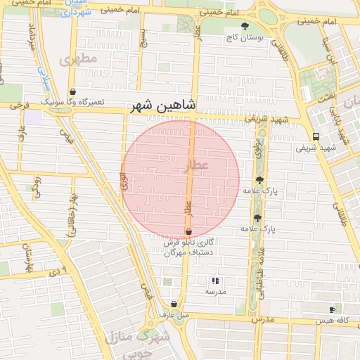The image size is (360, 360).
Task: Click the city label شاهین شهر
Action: (x=162, y=106)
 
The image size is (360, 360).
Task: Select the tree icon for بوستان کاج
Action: (x=244, y=27)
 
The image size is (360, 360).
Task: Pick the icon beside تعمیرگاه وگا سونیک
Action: (x=73, y=91)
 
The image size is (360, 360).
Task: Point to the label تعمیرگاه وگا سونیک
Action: (x=72, y=103)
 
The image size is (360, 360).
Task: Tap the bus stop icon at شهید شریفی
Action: (x=316, y=136)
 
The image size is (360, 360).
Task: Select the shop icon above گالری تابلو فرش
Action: (x=188, y=231)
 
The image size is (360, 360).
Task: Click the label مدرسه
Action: (x=215, y=291)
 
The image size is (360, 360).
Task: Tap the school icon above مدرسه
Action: (x=215, y=280)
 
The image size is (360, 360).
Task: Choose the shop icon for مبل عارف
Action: (x=174, y=304)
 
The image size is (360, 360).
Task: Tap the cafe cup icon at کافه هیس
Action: (x=332, y=309)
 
